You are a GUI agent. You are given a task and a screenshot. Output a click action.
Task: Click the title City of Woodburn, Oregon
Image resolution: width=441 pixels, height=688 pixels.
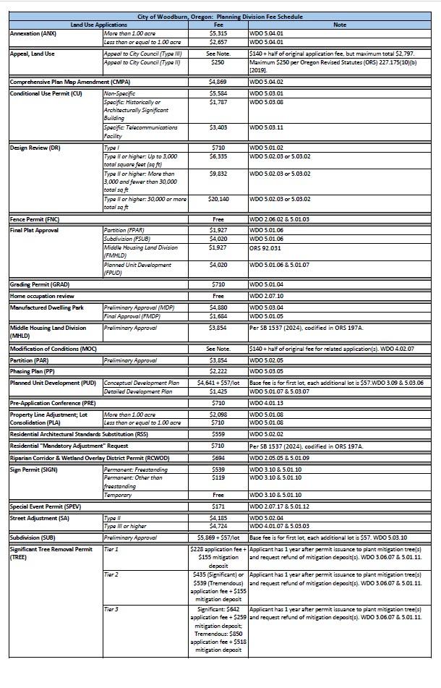click(x=220, y=16)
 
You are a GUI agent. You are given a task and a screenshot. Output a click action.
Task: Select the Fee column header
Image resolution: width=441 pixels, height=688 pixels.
click(x=218, y=25)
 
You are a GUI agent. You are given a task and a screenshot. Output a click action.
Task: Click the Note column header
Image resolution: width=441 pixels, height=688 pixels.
click(x=339, y=25)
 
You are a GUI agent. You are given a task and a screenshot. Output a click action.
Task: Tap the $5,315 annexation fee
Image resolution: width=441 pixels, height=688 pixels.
click(x=218, y=33)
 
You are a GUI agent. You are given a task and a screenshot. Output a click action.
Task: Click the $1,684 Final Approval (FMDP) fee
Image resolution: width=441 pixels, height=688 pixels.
click(x=218, y=315)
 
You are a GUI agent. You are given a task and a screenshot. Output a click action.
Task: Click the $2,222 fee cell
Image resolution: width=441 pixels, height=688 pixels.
click(x=218, y=370)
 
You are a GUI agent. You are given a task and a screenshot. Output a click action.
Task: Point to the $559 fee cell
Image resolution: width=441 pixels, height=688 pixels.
click(x=218, y=435)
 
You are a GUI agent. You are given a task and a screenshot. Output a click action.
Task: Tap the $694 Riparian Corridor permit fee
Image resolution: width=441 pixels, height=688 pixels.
click(x=218, y=458)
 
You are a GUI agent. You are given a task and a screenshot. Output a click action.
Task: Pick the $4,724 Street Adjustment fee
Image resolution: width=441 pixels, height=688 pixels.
click(x=218, y=526)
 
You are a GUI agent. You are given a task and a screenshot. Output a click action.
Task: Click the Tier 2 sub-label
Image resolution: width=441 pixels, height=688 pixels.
click(x=111, y=574)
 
